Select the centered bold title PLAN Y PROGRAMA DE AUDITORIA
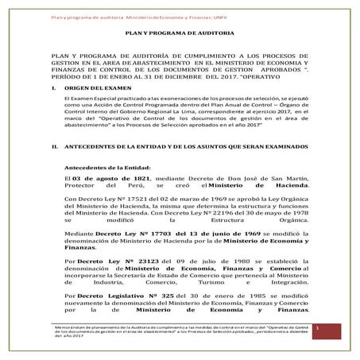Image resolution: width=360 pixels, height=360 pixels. pos(180,34)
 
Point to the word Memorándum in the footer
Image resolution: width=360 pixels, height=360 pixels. pos(66,325)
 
